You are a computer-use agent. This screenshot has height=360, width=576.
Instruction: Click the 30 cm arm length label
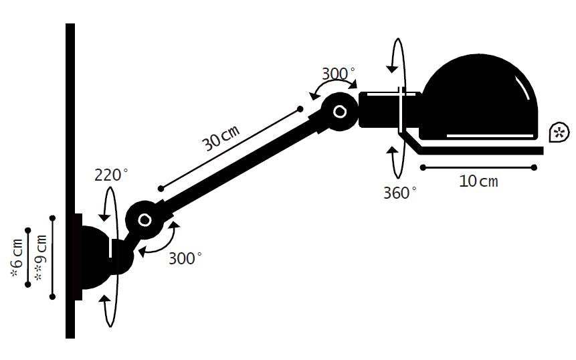(x=221, y=138)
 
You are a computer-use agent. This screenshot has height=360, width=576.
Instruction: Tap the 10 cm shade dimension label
(x=478, y=181)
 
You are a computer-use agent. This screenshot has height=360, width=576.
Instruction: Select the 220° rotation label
(x=111, y=175)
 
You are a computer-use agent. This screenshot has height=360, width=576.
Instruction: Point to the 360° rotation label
(x=400, y=193)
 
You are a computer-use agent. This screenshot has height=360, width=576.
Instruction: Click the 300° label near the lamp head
(x=339, y=74)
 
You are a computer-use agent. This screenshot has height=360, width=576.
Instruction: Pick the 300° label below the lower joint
(x=185, y=258)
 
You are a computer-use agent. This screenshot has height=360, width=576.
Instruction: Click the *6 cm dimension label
(x=17, y=258)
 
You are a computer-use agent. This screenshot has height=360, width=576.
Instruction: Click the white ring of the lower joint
(x=145, y=220)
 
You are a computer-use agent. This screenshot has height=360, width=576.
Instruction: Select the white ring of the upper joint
(x=340, y=111)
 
